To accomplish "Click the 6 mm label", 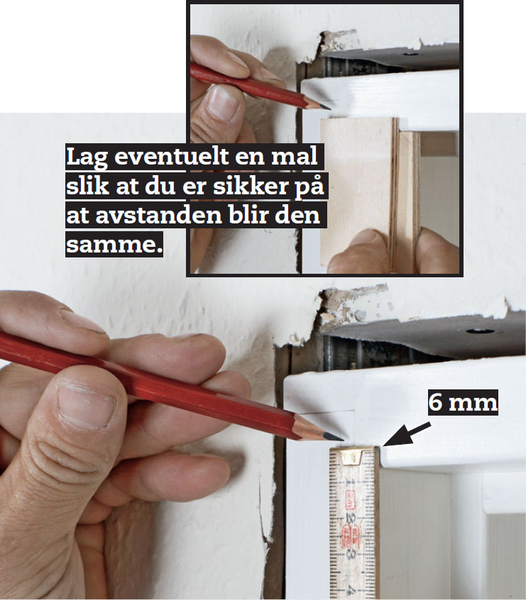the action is pyautogui.click(x=463, y=403).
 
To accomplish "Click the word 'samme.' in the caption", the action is pyautogui.click(x=114, y=244).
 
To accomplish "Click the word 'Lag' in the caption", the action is pyautogui.click(x=87, y=157).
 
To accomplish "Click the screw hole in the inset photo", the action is pyautogui.click(x=411, y=55).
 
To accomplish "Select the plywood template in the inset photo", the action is pyautogui.click(x=369, y=193).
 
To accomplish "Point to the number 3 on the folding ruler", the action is pyautogui.click(x=351, y=554).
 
